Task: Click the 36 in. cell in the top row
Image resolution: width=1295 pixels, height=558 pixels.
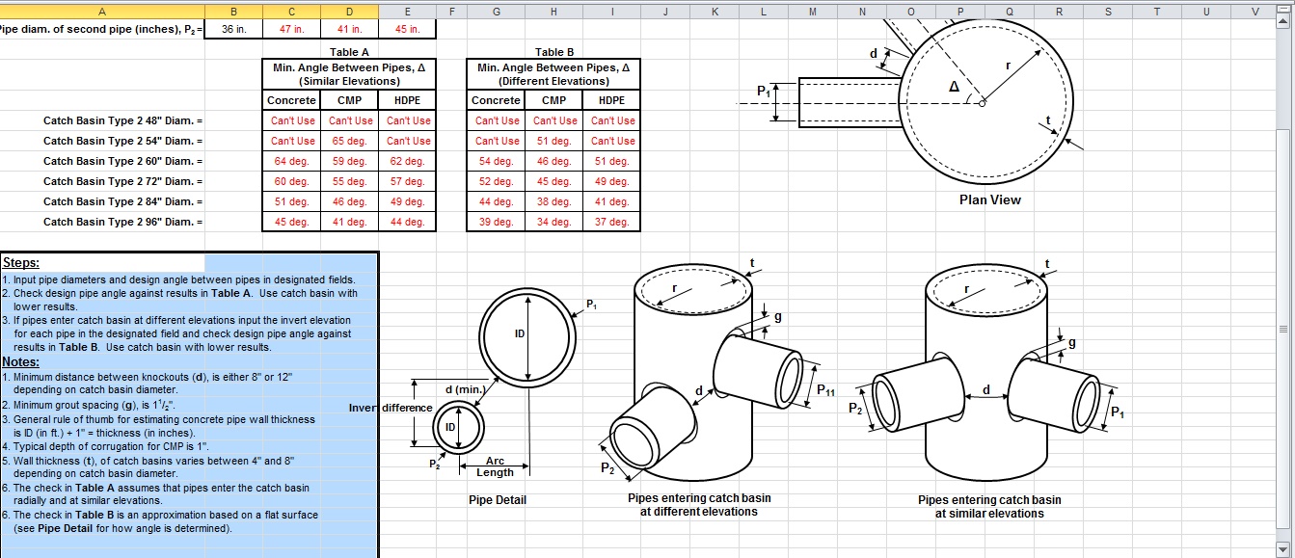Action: (233, 29)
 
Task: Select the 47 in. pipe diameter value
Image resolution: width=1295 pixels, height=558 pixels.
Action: (291, 29)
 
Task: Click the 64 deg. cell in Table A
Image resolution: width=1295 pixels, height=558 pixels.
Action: (291, 161)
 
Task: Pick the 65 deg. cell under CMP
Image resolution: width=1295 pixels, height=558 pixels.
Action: (349, 141)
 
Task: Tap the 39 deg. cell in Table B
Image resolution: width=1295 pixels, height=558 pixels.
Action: (496, 222)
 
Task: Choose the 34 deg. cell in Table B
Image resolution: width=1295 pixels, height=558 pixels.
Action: (553, 222)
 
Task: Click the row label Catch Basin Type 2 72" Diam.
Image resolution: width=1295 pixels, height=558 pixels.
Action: (122, 181)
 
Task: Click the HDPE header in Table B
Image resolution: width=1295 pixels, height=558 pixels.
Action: (611, 100)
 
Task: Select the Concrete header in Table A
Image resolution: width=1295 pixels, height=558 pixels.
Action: (291, 100)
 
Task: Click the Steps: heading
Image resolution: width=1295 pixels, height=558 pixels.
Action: (20, 262)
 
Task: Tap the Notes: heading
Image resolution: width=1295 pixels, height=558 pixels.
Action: (20, 361)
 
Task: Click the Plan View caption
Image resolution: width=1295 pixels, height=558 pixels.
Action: (989, 199)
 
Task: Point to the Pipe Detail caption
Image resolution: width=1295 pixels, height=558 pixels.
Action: (497, 500)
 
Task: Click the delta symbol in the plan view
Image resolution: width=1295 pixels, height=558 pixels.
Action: (954, 86)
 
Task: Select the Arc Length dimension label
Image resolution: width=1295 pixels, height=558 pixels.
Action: (495, 466)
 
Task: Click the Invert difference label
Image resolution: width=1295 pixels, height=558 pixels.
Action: (391, 408)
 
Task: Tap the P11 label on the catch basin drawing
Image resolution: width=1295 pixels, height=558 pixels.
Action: (825, 390)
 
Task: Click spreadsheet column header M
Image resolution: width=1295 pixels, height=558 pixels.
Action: (812, 11)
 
